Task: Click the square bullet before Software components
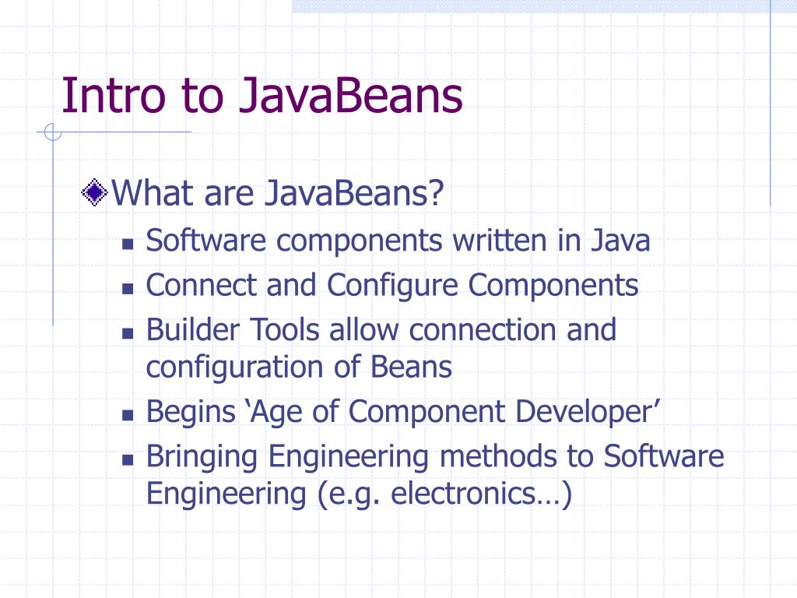(x=128, y=244)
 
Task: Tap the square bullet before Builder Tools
(x=128, y=332)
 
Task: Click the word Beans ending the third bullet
(x=412, y=367)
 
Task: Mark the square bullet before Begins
(x=128, y=416)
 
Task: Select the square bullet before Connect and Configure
(x=128, y=288)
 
